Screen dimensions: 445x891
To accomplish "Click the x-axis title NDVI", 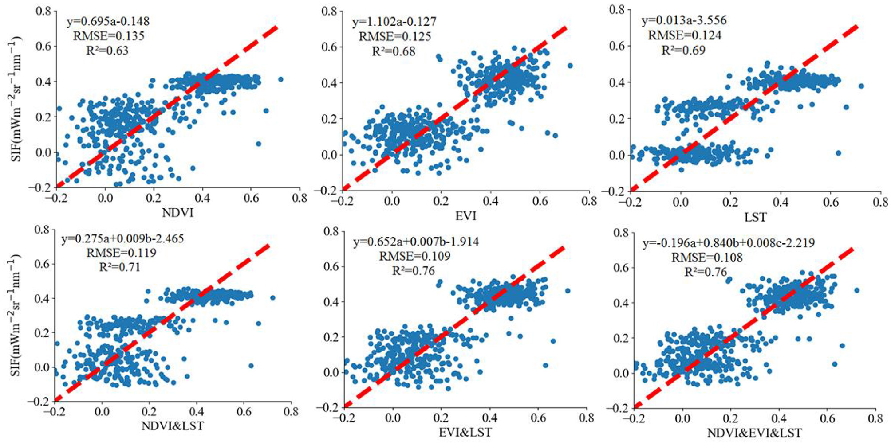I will click(177, 213).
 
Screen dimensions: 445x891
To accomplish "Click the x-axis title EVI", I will click(465, 216).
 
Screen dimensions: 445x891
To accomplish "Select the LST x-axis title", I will click(755, 217).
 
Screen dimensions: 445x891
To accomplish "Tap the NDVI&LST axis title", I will click(173, 426).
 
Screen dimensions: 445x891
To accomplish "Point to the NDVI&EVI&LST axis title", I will click(754, 433).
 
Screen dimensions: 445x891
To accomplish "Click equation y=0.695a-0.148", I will click(108, 21).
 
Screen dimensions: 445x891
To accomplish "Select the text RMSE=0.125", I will click(394, 36).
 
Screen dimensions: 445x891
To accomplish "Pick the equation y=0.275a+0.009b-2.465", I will click(122, 238).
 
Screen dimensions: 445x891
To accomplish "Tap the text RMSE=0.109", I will click(414, 256).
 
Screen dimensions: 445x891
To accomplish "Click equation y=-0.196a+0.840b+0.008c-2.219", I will click(729, 243).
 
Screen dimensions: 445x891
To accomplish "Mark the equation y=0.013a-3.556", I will click(684, 20).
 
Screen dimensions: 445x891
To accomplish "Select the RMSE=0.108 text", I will click(707, 258).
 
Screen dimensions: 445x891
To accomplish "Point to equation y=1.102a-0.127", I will click(394, 21).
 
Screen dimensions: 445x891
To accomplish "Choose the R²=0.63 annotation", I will click(107, 50).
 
